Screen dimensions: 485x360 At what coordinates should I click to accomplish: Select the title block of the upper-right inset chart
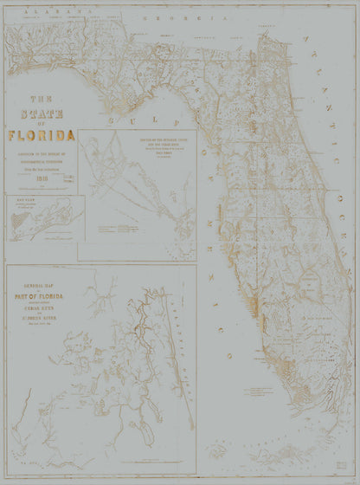point(161,144)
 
